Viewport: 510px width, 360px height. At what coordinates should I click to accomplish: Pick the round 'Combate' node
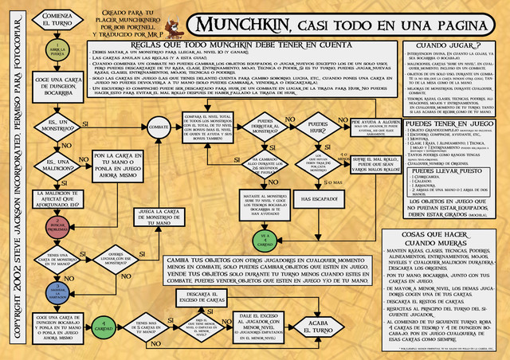(159, 127)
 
